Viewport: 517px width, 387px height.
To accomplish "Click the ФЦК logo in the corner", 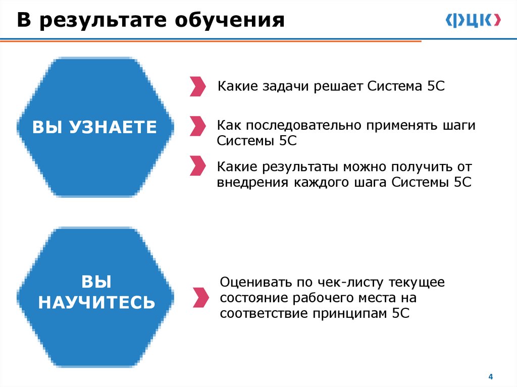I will tap(473, 20).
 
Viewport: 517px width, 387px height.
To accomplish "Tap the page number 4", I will tap(490, 377).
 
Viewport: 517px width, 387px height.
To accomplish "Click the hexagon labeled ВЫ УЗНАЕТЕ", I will tap(94, 127).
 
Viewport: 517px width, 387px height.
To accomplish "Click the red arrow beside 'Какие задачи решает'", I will tap(197, 86).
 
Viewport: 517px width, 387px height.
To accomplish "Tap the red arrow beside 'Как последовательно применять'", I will tap(197, 126).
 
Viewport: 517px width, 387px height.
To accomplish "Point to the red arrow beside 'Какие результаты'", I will tap(197, 166).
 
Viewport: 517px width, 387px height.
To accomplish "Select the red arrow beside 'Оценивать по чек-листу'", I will tap(200, 297).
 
